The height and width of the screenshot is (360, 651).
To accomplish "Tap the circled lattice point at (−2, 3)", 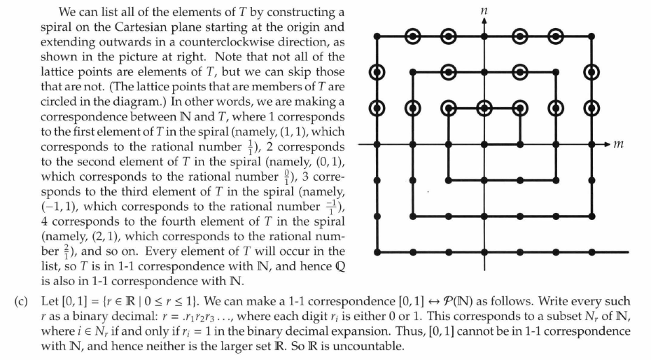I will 413,35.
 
